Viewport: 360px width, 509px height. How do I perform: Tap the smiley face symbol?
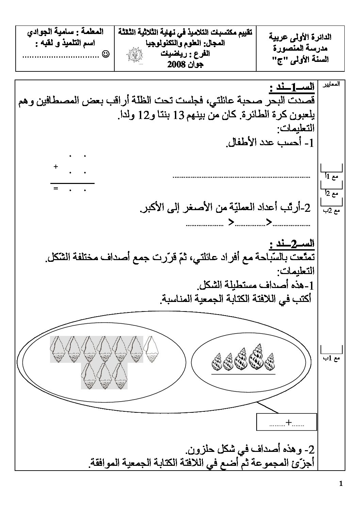tap(105, 54)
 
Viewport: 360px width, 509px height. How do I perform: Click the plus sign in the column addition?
tap(55, 167)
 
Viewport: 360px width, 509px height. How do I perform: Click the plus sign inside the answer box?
tap(289, 422)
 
